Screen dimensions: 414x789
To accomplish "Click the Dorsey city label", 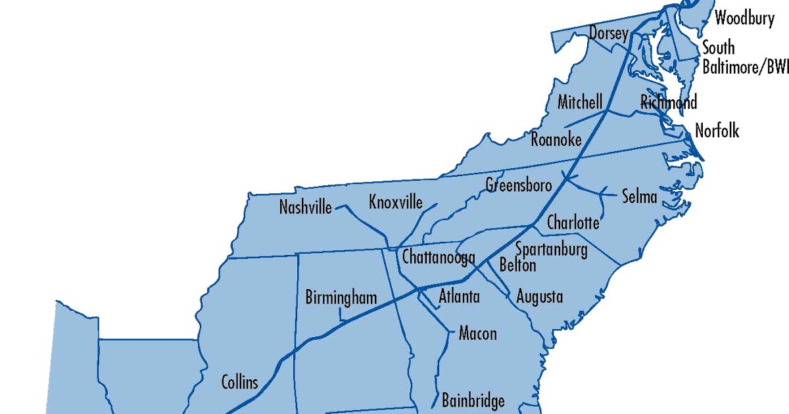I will (x=609, y=34).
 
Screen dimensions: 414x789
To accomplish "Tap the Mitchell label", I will (x=579, y=103).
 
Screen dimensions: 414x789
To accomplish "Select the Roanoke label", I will (x=556, y=139).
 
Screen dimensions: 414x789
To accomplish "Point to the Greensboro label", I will (x=519, y=185).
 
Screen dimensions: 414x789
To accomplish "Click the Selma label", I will (x=640, y=196).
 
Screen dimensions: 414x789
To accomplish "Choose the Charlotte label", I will (x=573, y=223).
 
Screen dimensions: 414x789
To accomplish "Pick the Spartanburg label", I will (x=551, y=249).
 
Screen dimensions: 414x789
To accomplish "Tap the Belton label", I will (x=518, y=265).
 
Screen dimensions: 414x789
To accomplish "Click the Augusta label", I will (x=540, y=296).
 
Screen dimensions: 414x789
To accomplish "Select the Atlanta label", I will (x=460, y=296).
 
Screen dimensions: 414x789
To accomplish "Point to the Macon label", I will (x=478, y=333).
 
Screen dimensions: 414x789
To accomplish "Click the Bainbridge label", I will (x=473, y=400).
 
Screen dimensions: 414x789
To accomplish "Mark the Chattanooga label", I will (x=439, y=258).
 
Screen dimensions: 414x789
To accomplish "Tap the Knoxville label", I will (x=396, y=202).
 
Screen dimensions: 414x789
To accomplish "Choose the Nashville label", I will (x=306, y=207).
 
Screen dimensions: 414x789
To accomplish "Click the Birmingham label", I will (x=341, y=297).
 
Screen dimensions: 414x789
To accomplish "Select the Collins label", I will (x=240, y=382).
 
